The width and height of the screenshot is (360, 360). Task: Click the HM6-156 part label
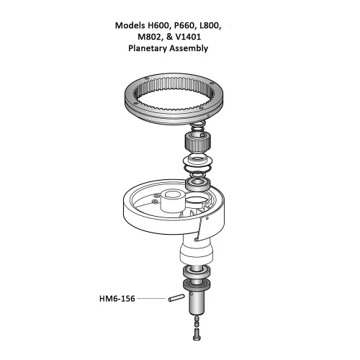117,299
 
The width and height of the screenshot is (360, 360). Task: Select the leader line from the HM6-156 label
151,298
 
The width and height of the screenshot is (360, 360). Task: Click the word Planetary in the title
148,48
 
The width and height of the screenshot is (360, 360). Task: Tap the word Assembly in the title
189,48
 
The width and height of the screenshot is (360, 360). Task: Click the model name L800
210,25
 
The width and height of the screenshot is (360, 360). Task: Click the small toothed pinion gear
198,143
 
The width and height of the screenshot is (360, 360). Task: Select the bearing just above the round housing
198,184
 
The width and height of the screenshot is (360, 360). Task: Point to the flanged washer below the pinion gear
197,161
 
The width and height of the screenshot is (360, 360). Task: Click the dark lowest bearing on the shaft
197,284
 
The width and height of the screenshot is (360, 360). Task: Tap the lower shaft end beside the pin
197,303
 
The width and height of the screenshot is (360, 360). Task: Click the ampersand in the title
169,37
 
